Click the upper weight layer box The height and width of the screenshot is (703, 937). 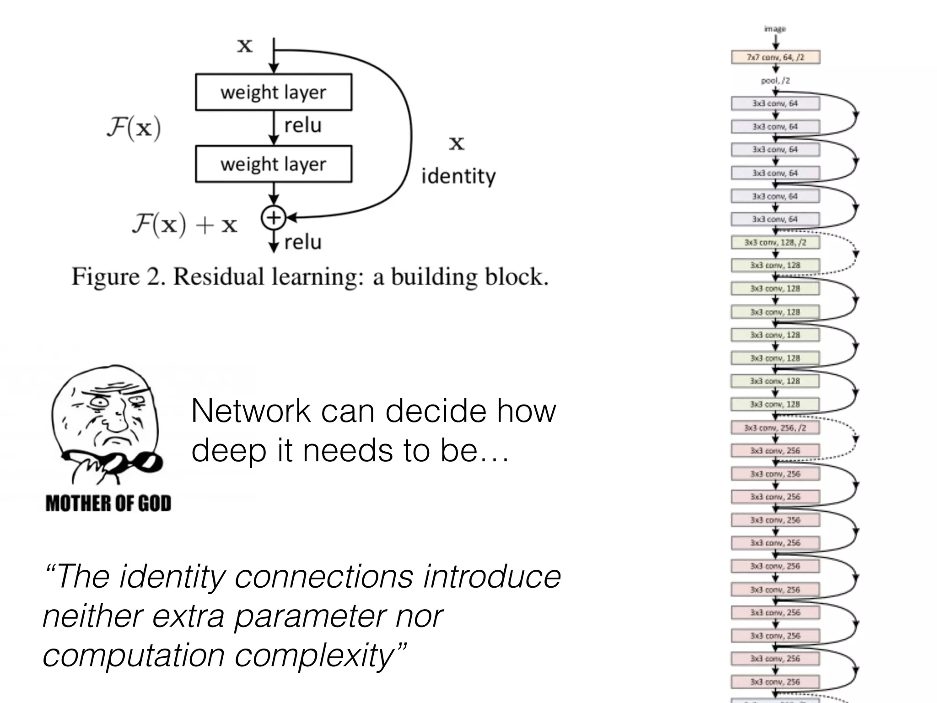pos(274,92)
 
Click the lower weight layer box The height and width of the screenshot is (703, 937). pos(274,164)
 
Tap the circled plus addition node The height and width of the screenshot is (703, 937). pos(273,218)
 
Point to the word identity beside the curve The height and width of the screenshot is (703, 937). pos(458,176)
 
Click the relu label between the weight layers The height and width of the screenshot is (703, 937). pos(303,125)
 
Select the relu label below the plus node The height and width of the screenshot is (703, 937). pos(303,242)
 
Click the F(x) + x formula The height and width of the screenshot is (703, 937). pos(184,224)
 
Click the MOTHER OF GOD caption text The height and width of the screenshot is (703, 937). pos(108,503)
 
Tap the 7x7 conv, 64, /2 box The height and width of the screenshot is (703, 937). pos(775,57)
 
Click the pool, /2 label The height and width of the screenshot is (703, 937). pos(775,81)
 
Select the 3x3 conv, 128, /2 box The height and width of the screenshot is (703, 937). pos(775,242)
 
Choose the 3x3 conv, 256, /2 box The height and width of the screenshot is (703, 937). pos(775,427)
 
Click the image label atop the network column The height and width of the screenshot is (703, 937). pos(775,29)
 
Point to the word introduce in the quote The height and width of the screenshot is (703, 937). pos(492,576)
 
